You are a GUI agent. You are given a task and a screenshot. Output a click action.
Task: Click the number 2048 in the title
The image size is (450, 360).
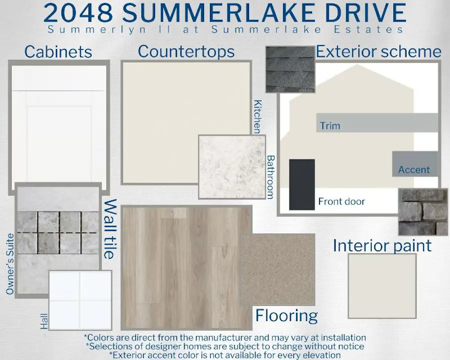tap(78, 13)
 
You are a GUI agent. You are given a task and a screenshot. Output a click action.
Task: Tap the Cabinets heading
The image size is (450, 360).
tap(58, 52)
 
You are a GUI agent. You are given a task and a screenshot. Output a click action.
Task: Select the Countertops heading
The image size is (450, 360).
tap(186, 51)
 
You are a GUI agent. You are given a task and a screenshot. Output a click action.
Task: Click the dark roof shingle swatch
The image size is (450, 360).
tap(290, 69)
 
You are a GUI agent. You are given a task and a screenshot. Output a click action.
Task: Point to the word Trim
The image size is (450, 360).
tap(330, 125)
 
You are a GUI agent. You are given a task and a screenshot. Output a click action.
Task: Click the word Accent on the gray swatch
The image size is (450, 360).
tap(414, 169)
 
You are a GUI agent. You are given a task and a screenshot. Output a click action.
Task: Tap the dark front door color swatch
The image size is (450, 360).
tap(302, 184)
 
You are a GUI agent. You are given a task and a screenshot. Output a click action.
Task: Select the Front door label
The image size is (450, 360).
tap(341, 201)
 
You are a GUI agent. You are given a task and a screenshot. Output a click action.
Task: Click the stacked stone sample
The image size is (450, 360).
tap(422, 212)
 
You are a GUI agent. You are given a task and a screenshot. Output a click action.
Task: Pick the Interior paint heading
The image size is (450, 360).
tap(382, 245)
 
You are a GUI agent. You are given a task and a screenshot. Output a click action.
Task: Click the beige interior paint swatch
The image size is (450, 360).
tap(382, 286)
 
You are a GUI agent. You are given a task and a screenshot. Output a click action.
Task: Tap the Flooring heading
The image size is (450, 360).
tap(286, 315)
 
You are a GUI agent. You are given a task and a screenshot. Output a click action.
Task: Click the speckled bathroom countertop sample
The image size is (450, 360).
tap(232, 167)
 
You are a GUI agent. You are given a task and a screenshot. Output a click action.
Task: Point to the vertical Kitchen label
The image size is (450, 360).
tap(257, 116)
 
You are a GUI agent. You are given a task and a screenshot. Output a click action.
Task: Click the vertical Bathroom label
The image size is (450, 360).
tap(270, 177)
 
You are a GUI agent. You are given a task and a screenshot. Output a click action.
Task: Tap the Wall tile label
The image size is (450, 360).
tap(110, 229)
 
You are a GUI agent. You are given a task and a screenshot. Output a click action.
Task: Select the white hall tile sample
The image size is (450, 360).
tap(80, 300)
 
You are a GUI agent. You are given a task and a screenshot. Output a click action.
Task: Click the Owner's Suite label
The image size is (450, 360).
tap(10, 264)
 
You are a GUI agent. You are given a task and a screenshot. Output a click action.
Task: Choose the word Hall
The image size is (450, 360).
tap(44, 321)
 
